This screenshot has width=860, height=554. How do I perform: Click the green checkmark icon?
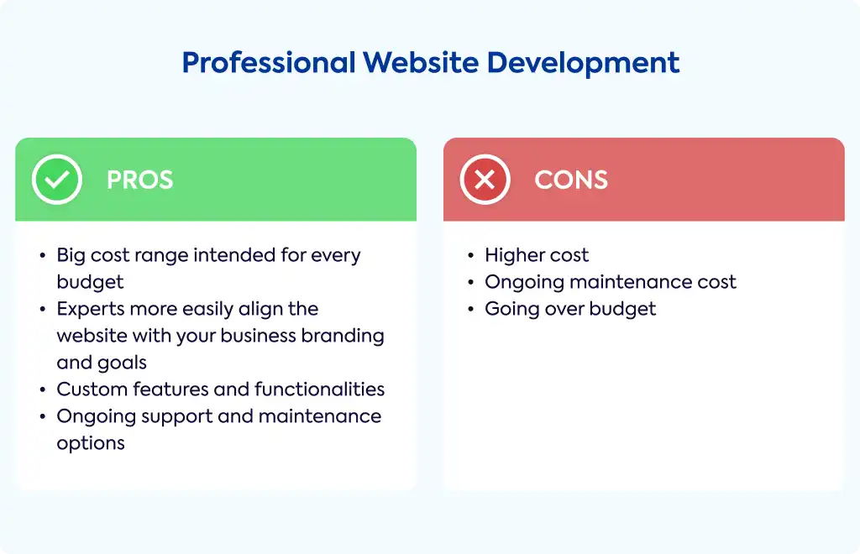pyautogui.click(x=57, y=180)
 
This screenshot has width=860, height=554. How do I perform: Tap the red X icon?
pyautogui.click(x=485, y=180)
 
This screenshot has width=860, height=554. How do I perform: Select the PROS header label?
pyautogui.click(x=140, y=180)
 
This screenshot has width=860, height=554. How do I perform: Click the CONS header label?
pyautogui.click(x=571, y=180)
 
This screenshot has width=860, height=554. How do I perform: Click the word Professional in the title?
pyautogui.click(x=269, y=62)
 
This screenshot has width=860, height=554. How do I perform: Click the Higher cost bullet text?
pyautogui.click(x=537, y=255)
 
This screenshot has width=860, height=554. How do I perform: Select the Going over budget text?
pyautogui.click(x=570, y=310)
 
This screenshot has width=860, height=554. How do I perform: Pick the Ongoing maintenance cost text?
pyautogui.click(x=611, y=282)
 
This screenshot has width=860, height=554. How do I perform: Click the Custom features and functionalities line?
pyautogui.click(x=221, y=389)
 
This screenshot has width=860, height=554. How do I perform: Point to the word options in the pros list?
pyautogui.click(x=91, y=443)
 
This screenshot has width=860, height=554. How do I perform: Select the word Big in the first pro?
pyautogui.click(x=71, y=256)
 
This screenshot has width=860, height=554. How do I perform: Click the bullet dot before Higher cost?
pyautogui.click(x=470, y=255)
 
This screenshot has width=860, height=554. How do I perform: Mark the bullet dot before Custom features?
pyautogui.click(x=43, y=389)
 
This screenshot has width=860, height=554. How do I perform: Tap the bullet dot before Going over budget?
pyautogui.click(x=470, y=309)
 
